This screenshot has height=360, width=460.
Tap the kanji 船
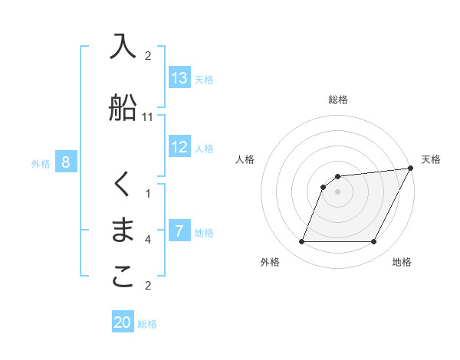[123, 108]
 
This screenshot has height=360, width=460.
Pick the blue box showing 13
[179, 78]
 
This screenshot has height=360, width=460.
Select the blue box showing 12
[179, 148]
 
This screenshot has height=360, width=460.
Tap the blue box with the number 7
[179, 232]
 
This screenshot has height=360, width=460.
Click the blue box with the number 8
[66, 162]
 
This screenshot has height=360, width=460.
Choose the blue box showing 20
[123, 323]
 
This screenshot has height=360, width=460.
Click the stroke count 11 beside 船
[148, 117]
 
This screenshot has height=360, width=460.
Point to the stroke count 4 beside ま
[148, 240]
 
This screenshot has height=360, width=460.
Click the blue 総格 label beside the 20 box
[147, 324]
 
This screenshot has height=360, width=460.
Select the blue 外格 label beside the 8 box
[41, 163]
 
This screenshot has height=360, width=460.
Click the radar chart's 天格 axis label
[431, 159]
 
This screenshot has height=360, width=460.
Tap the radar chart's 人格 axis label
[245, 159]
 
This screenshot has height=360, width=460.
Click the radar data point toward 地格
[373, 242]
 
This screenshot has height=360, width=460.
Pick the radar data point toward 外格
[301, 242]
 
